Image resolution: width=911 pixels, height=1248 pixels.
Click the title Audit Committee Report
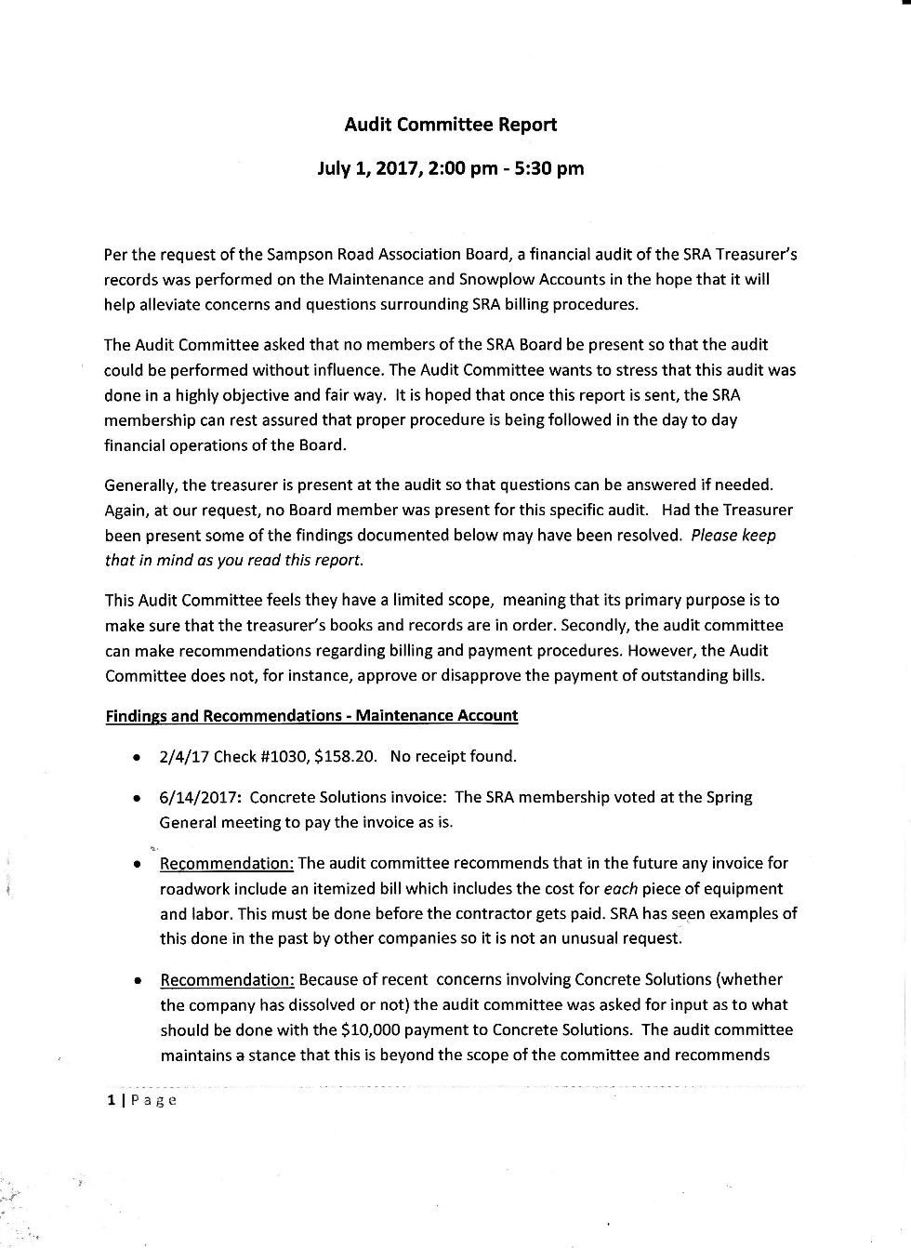[450, 125]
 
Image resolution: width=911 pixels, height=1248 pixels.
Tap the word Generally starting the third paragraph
[140, 485]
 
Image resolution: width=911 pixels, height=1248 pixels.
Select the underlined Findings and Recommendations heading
[311, 716]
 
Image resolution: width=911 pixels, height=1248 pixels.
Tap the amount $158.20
[346, 756]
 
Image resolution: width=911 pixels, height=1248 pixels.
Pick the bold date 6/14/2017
[200, 797]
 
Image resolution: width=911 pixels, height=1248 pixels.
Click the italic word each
[620, 889]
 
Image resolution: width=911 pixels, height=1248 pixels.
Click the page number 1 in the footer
[111, 1100]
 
